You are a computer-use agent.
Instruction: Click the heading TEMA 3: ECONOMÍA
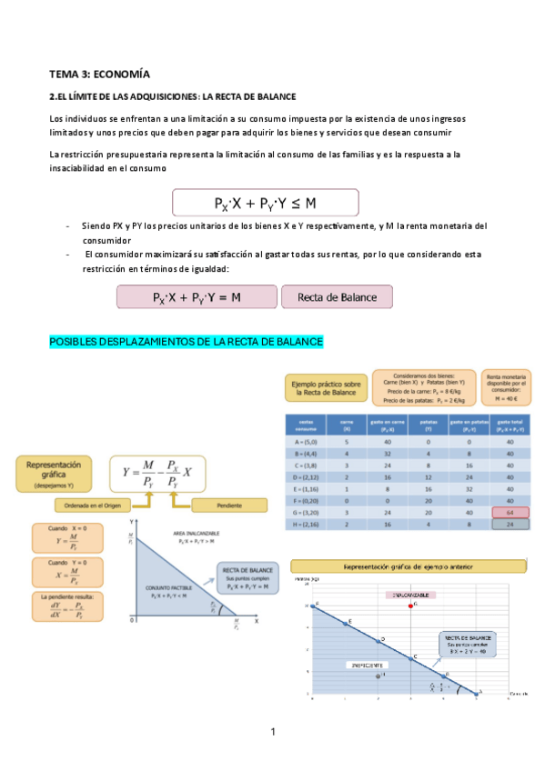(100, 74)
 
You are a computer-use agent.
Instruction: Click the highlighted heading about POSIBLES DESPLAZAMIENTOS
(187, 341)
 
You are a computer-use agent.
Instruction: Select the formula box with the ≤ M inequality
(265, 202)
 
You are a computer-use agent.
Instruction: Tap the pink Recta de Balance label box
(336, 297)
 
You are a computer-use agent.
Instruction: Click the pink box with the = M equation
(197, 297)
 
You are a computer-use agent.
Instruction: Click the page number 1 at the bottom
(272, 732)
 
